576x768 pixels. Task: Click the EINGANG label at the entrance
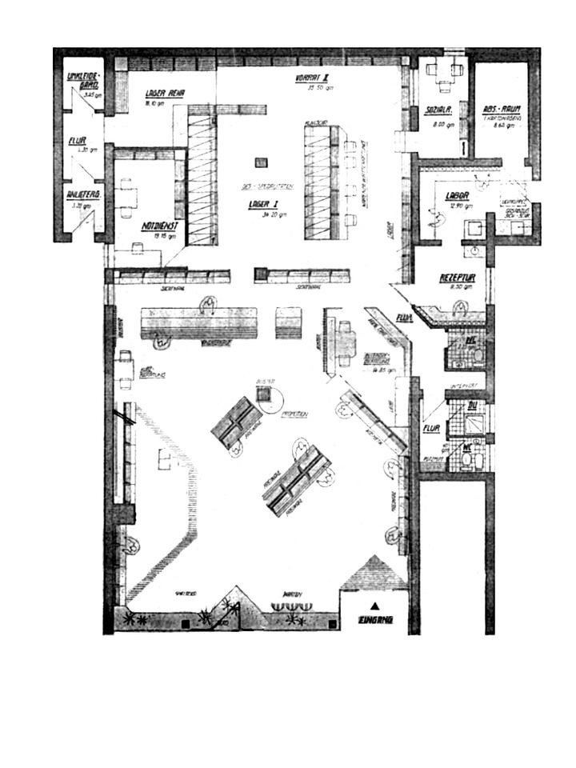[x=375, y=619]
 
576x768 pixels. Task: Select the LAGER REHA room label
[x=165, y=94]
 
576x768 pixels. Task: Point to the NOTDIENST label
[x=160, y=225]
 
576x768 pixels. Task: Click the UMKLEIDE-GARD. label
[x=82, y=81]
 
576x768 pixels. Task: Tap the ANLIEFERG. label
[x=82, y=194]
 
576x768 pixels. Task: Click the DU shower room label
[x=473, y=405]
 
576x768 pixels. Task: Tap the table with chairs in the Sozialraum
[x=445, y=70]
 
